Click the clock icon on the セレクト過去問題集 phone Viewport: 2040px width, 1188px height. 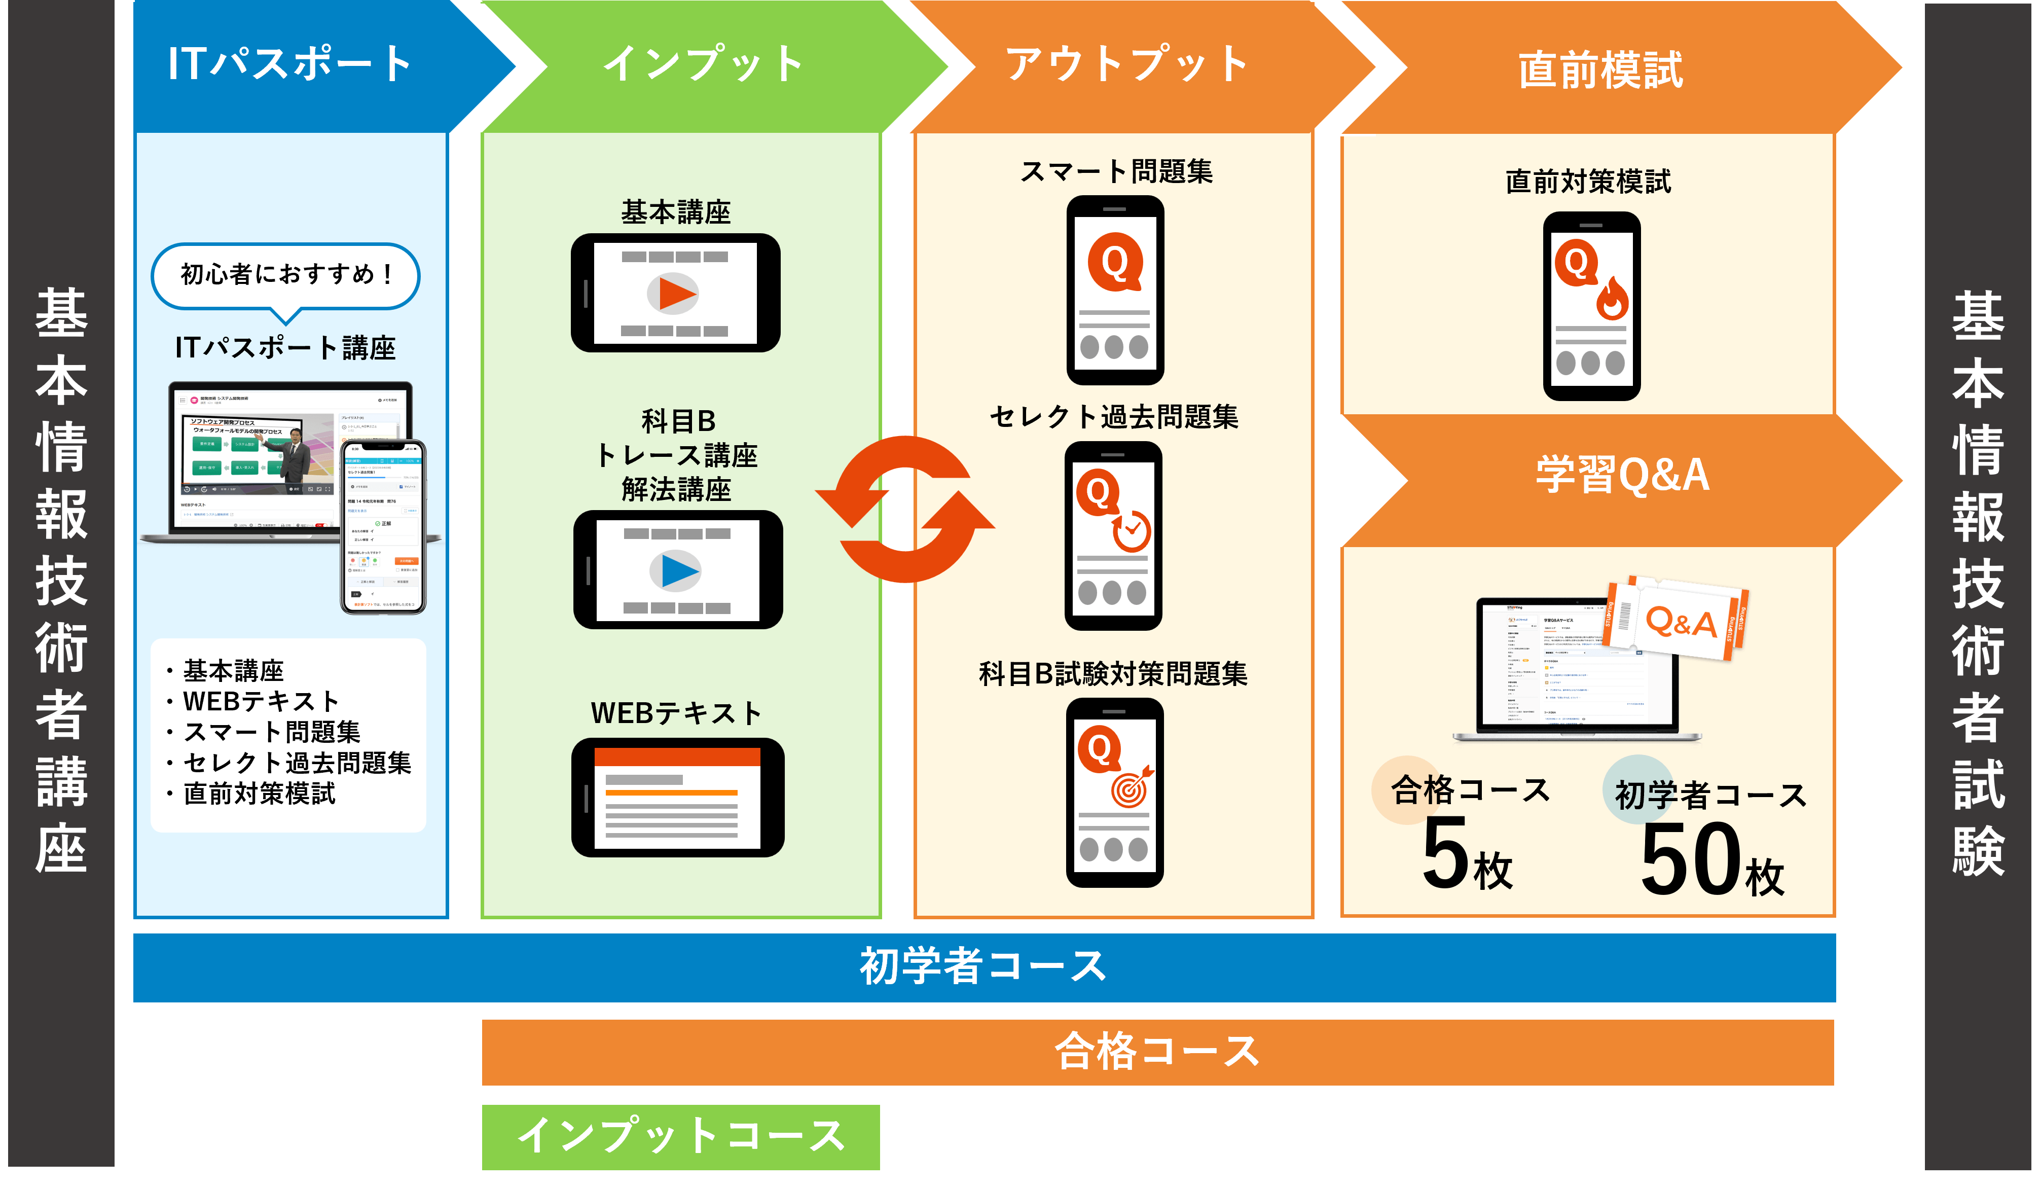point(1131,531)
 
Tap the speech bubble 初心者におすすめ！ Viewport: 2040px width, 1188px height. point(285,275)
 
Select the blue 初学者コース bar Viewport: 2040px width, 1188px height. point(983,967)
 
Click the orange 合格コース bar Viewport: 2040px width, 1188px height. point(1157,1052)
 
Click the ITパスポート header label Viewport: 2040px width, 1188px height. point(290,65)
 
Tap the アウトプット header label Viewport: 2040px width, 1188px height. point(1125,65)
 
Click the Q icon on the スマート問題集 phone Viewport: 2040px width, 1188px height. point(1114,262)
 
